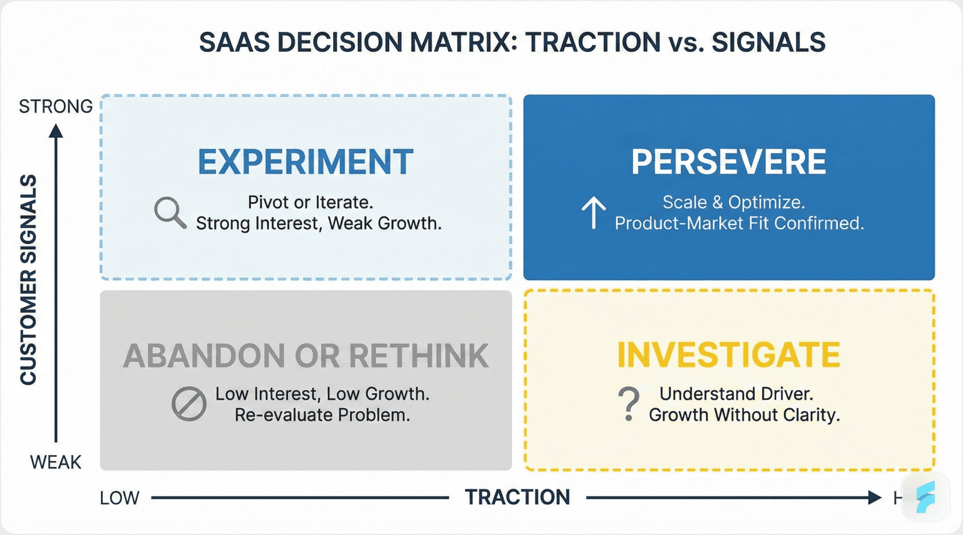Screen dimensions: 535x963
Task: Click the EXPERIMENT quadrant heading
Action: click(x=306, y=162)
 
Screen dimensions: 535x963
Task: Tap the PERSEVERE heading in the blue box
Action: click(x=728, y=162)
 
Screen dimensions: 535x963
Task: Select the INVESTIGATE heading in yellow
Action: click(x=728, y=355)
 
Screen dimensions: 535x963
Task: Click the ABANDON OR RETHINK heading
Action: click(x=306, y=356)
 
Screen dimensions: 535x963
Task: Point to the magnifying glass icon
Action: click(x=170, y=212)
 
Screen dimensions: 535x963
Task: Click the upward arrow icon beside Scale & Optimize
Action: click(x=594, y=213)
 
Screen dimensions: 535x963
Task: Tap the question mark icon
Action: click(x=629, y=403)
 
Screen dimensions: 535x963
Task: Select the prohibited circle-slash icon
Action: click(x=189, y=403)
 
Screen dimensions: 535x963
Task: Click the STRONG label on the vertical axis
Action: click(x=55, y=106)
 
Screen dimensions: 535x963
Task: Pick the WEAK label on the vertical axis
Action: click(x=55, y=462)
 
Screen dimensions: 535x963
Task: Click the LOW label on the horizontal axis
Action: click(x=119, y=498)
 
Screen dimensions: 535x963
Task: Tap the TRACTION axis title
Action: click(x=517, y=497)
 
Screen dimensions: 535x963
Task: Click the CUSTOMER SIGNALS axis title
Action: click(x=28, y=280)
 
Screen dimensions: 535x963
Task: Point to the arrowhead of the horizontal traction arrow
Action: click(x=875, y=497)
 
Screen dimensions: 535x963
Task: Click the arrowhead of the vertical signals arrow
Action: click(x=56, y=130)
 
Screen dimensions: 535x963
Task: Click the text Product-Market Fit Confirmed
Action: click(x=739, y=224)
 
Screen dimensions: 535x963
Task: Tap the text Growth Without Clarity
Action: click(x=744, y=415)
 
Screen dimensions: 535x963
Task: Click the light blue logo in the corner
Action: click(x=926, y=496)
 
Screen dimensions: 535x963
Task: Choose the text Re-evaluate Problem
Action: click(x=322, y=415)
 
